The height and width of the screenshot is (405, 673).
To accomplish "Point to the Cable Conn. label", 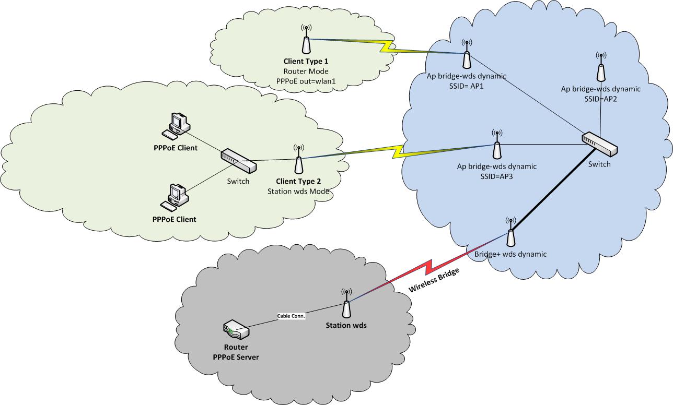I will point(291,316).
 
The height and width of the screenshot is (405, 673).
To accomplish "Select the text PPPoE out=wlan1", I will point(306,80).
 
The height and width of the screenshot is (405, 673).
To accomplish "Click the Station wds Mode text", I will point(298,191).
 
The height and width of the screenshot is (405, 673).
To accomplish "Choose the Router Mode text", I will point(306,71).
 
